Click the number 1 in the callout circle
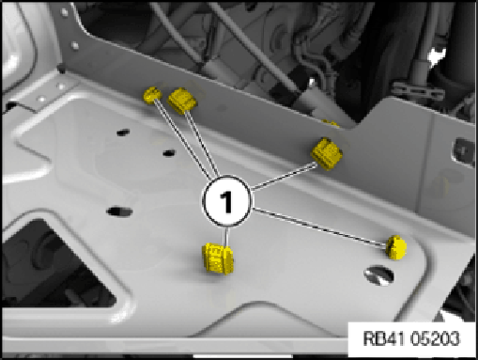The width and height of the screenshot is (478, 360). click(226, 201)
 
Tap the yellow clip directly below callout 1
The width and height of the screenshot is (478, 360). click(218, 258)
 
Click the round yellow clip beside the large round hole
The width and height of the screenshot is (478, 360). click(396, 247)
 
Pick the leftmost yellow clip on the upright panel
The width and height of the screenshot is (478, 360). click(152, 95)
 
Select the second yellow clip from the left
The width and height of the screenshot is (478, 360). click(182, 101)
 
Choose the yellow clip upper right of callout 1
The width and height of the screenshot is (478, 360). click(327, 154)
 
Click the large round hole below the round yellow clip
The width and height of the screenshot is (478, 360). click(378, 275)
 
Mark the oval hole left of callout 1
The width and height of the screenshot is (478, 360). click(119, 211)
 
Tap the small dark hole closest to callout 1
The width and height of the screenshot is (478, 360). click(169, 153)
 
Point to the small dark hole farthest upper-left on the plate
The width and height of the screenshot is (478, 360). click(123, 133)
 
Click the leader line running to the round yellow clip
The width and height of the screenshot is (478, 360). click(320, 227)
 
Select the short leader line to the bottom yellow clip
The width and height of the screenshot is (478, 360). click(226, 237)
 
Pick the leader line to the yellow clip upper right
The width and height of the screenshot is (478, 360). click(285, 177)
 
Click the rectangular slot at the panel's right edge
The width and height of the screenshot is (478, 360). click(463, 151)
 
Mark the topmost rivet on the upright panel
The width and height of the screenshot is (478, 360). click(64, 12)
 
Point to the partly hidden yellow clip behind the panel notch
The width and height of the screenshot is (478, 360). click(331, 123)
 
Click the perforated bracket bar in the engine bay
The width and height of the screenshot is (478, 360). click(418, 90)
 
